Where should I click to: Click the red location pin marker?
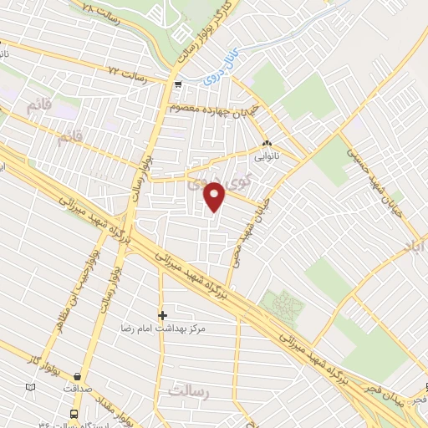(x=216, y=196)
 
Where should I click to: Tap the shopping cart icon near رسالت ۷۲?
(x=178, y=84)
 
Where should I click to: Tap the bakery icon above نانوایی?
(x=267, y=142)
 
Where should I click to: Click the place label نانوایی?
(x=267, y=155)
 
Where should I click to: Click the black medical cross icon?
(x=163, y=314)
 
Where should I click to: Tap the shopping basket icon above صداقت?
(x=78, y=377)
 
